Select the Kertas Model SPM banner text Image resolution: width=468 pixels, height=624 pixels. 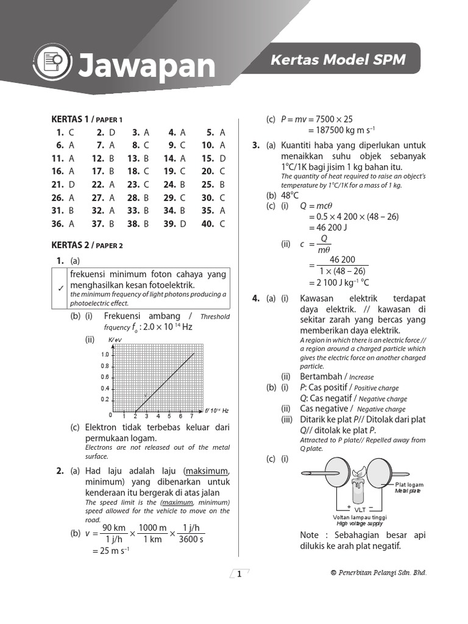pos(338,60)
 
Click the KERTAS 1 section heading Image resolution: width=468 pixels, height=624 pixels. pos(69,119)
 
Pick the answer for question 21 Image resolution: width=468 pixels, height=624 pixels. pos(72,184)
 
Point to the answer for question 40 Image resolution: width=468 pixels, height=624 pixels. pos(222,224)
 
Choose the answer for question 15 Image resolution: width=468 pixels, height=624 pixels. pos(222,158)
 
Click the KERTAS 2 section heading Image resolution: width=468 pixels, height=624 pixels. pos(69,246)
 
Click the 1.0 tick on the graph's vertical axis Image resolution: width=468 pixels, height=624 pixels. pos(105,355)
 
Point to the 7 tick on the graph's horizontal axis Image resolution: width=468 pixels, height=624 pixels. pos(192,416)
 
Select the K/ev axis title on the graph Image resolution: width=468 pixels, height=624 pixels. pos(115,339)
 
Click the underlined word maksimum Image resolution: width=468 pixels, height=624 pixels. pos(208,470)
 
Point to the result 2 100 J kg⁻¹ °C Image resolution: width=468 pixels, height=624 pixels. pos(339,283)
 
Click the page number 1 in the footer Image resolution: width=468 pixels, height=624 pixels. pos(239,573)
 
